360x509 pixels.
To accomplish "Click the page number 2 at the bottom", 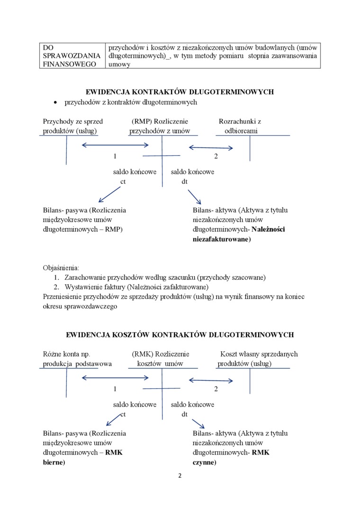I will point(180,476).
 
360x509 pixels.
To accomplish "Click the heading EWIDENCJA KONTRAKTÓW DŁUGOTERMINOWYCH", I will point(180,92).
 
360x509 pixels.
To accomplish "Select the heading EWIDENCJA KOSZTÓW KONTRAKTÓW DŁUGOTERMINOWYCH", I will point(180,335).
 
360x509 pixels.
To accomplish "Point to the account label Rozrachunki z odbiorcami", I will point(240,126).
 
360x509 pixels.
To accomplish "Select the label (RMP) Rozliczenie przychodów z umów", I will point(160,126).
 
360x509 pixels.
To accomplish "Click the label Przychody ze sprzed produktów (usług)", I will point(72,126).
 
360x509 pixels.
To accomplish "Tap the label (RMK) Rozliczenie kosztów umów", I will point(161,358).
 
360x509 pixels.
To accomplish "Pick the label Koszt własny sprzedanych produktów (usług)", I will point(258,358).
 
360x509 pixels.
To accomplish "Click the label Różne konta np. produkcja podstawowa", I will point(77,358).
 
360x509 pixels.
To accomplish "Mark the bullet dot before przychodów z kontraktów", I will point(55,103).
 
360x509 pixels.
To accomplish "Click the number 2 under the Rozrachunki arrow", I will point(216,156).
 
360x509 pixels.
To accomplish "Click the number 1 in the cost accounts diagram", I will point(115,389).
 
